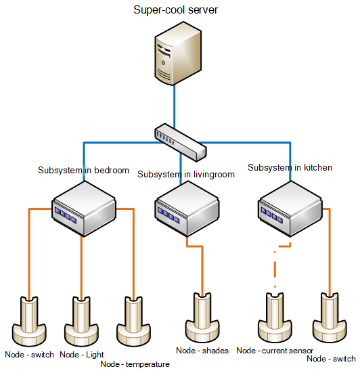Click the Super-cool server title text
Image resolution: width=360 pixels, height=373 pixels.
tap(175, 10)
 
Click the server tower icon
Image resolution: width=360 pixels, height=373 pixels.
tap(178, 53)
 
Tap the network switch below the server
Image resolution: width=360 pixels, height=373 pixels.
tap(181, 142)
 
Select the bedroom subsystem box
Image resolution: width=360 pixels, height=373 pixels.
tap(84, 209)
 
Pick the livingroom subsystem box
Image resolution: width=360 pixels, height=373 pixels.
tap(187, 209)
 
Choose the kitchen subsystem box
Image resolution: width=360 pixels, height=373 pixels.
tap(290, 209)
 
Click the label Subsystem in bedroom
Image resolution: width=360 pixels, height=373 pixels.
tap(83, 171)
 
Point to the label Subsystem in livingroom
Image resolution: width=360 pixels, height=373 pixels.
tap(186, 175)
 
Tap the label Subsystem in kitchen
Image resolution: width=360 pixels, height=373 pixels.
tap(290, 167)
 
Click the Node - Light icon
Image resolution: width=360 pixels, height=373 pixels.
tap(81, 322)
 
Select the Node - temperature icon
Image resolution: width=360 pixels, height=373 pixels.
tap(133, 322)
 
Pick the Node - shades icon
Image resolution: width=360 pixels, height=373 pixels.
tap(202, 317)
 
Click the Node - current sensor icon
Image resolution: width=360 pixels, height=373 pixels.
tap(275, 317)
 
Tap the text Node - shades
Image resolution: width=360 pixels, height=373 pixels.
tap(202, 351)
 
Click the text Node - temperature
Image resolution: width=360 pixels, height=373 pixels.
tap(135, 364)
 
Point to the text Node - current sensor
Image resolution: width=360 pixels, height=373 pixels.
tap(275, 351)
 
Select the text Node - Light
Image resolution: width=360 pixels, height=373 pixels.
tap(82, 355)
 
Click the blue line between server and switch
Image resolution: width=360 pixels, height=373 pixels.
tap(175, 106)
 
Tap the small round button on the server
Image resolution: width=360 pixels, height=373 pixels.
tap(163, 63)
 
